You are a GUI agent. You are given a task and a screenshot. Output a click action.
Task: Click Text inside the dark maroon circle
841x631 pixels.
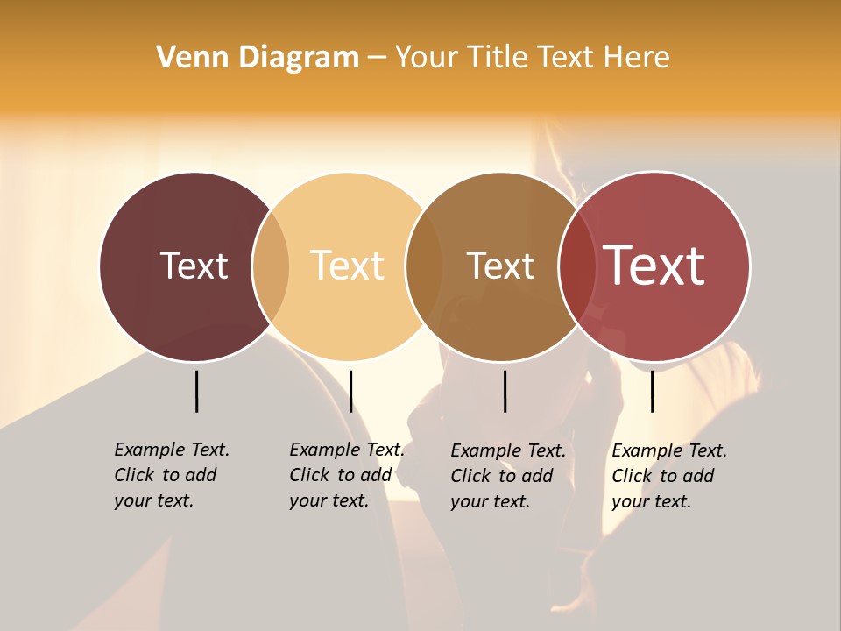pyautogui.click(x=194, y=266)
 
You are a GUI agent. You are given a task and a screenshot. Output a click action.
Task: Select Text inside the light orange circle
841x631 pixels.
pyautogui.click(x=348, y=266)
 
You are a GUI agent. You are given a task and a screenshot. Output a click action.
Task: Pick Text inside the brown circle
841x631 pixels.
pyautogui.click(x=500, y=266)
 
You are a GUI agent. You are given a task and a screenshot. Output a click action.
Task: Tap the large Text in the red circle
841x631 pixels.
pyautogui.click(x=654, y=266)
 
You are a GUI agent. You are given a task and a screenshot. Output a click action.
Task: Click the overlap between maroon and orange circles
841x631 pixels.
pyautogui.click(x=271, y=266)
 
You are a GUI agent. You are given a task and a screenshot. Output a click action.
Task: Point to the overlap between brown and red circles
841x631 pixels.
pyautogui.click(x=576, y=266)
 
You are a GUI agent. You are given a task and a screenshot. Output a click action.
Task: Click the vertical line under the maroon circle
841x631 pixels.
pyautogui.click(x=196, y=391)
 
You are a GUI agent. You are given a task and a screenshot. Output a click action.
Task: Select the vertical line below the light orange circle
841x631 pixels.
pyautogui.click(x=350, y=391)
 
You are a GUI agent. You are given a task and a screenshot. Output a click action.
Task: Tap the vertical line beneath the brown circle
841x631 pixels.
pyautogui.click(x=505, y=391)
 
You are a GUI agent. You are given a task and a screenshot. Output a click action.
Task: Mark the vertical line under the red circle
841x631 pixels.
pyautogui.click(x=652, y=391)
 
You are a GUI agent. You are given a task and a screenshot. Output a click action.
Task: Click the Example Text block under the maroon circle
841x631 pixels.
pyautogui.click(x=171, y=475)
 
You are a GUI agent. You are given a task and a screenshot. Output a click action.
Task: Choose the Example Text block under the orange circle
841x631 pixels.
pyautogui.click(x=346, y=475)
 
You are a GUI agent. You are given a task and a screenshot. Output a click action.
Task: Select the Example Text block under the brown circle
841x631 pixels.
pyautogui.click(x=507, y=476)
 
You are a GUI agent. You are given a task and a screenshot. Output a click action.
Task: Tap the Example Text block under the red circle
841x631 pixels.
pyautogui.click(x=668, y=476)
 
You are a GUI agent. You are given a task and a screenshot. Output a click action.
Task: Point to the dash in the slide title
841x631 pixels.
pyautogui.click(x=377, y=59)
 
